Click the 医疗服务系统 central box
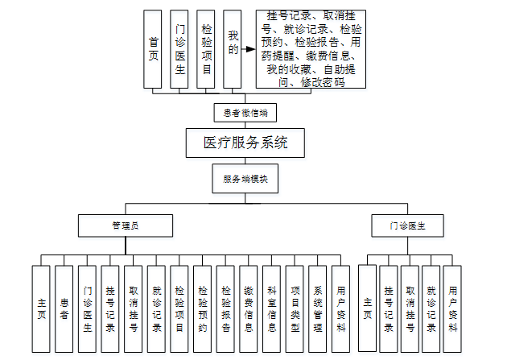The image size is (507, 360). click(245, 143)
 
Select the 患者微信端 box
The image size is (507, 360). click(245, 112)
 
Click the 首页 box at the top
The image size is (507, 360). click(153, 48)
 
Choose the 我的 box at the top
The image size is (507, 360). click(233, 48)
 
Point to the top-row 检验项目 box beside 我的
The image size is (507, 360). click(207, 48)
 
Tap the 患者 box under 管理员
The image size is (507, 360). click(64, 309)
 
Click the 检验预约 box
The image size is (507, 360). click(203, 309)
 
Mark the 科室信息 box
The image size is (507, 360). click(272, 309)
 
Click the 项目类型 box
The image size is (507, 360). click(295, 309)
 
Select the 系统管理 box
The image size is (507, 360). click(318, 309)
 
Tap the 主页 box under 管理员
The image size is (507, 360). click(42, 309)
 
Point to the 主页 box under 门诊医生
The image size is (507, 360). click(368, 309)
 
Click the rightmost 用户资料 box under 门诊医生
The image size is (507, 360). click(452, 309)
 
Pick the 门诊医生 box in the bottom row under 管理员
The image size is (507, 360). click(88, 309)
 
